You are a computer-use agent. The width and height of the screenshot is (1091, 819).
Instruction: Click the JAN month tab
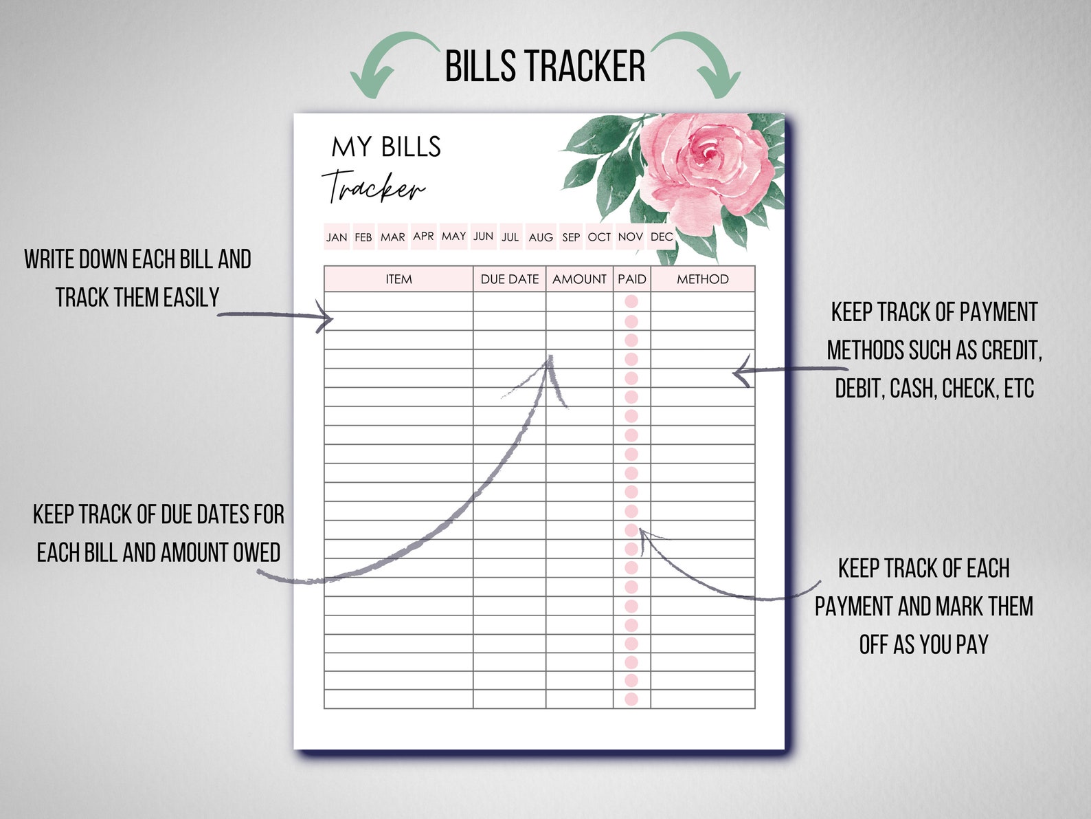tap(337, 237)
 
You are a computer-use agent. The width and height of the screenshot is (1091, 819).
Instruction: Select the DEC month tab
tap(662, 237)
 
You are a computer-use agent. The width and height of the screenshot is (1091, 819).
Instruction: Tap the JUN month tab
tap(483, 236)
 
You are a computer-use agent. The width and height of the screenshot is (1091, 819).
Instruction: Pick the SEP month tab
tap(571, 237)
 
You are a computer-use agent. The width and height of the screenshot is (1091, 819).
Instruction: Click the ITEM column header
tap(398, 279)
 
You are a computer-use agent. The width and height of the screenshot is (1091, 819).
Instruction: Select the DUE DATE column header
tap(510, 279)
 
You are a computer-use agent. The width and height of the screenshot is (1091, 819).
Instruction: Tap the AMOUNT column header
tap(579, 279)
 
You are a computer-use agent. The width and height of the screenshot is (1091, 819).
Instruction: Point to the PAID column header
tap(632, 279)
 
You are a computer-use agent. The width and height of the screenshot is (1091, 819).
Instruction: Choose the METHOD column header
tap(702, 279)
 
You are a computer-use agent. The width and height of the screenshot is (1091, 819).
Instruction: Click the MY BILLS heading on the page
tap(386, 146)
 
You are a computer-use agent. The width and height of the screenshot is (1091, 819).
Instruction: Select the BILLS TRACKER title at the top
tap(545, 67)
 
